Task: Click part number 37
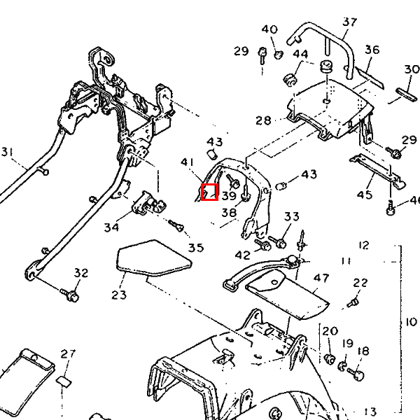(x=350, y=22)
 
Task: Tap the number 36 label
(x=372, y=50)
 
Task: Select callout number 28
(x=262, y=120)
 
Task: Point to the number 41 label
(x=187, y=162)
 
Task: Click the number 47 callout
(x=321, y=278)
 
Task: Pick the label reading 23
(x=118, y=295)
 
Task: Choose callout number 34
(x=111, y=227)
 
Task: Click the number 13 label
(x=370, y=411)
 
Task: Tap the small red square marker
(x=209, y=191)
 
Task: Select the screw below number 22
(x=353, y=303)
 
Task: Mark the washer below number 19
(x=343, y=365)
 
